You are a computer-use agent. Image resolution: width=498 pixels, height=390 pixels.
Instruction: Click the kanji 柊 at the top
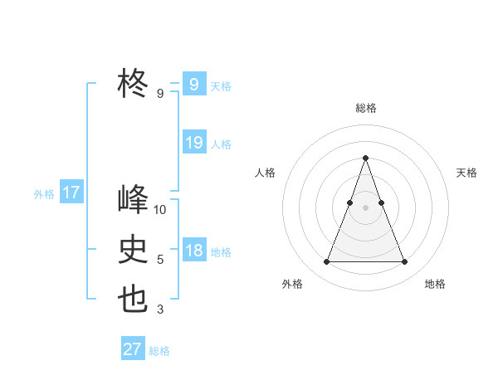133,83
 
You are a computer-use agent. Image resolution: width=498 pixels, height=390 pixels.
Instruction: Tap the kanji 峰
133,200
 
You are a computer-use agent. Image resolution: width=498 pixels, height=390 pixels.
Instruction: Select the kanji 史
133,249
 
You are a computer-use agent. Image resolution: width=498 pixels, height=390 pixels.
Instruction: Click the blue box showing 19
194,143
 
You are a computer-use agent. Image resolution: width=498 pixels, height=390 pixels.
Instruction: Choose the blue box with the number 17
71,193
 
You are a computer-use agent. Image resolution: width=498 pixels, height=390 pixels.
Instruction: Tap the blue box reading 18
194,251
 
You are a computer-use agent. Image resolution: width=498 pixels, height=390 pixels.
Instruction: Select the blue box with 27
133,349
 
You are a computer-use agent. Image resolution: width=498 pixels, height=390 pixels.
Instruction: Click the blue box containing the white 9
193,84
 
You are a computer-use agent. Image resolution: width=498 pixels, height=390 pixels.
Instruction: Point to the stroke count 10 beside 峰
160,210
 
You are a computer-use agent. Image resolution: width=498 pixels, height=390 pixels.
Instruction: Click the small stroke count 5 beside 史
160,260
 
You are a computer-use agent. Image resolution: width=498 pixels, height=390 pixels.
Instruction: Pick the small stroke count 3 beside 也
160,310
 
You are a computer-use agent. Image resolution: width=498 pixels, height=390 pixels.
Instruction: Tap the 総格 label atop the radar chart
366,108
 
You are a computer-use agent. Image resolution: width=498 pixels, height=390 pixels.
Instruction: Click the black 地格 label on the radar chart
435,284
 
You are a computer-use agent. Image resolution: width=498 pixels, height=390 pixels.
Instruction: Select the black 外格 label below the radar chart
292,284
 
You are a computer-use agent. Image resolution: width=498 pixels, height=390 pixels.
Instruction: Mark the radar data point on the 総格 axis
365,158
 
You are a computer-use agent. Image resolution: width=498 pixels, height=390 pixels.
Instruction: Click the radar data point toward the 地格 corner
405,262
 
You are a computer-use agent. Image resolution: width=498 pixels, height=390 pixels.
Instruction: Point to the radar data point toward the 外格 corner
326,262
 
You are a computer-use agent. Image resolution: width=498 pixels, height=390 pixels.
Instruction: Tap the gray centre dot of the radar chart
365,207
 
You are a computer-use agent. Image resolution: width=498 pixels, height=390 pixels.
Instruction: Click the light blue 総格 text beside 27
159,351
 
